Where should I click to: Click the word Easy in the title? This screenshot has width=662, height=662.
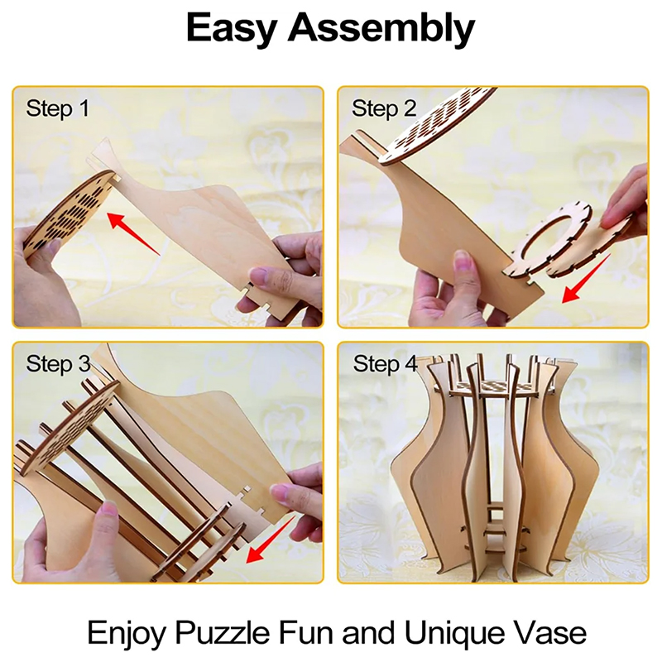232,28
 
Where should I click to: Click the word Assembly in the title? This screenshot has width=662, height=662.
381,28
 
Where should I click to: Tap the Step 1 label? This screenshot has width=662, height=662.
58,109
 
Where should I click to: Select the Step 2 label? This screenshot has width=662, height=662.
384,109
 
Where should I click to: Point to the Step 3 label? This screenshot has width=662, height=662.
58,364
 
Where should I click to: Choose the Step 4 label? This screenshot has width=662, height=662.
385,364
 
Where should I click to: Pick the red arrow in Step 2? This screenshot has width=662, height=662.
585,279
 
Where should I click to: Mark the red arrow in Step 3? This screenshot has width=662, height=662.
271,540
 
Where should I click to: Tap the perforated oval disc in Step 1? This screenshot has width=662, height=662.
69,214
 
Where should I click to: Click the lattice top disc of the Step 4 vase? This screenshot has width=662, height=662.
492,386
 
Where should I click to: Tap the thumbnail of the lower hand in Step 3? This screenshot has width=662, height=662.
108,510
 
